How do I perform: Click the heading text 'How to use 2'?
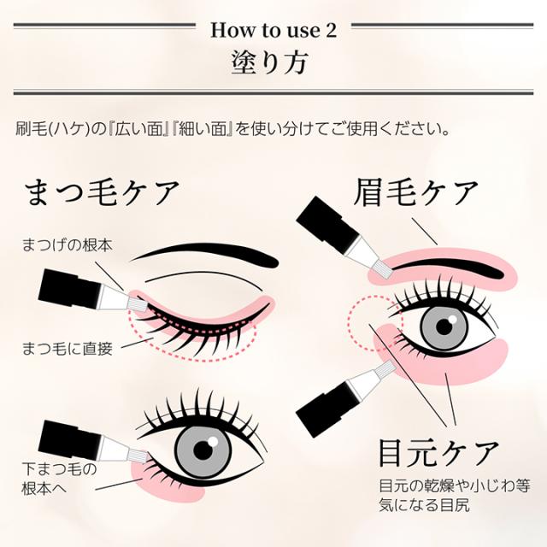click(273, 31)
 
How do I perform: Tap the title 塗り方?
click(273, 64)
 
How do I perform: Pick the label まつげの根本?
click(67, 245)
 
